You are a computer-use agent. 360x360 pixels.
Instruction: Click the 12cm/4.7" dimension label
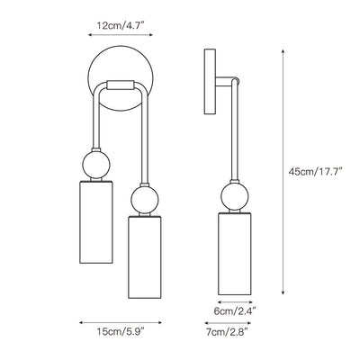121,25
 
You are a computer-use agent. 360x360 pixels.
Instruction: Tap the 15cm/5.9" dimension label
121,332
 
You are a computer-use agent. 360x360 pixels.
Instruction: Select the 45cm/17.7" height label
315,172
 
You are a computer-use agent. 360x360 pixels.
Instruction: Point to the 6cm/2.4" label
235,311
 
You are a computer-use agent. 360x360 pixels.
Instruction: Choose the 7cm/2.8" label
227,332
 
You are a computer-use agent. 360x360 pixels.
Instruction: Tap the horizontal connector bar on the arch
121,85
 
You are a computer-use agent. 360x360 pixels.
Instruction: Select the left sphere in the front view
96,165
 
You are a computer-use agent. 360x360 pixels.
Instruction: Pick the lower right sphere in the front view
145,200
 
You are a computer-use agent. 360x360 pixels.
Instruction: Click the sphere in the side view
235,196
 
